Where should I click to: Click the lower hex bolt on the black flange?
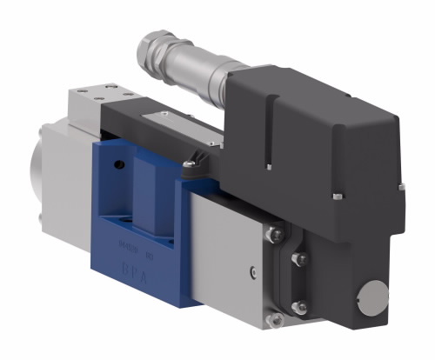point(298,305)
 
